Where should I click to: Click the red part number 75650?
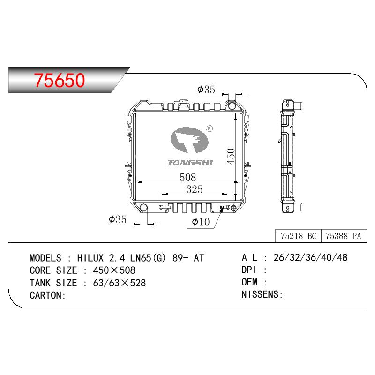tap(60, 80)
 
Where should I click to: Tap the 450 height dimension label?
tap(231, 157)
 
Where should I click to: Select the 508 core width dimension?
tap(188, 177)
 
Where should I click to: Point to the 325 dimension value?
tap(195, 189)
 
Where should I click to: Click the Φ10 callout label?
tap(201, 222)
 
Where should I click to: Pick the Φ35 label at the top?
tap(206, 90)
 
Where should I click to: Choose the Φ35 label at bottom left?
tap(118, 219)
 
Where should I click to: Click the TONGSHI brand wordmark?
tap(190, 163)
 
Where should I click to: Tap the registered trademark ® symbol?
tap(209, 128)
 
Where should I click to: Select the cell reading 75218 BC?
tap(299, 236)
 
